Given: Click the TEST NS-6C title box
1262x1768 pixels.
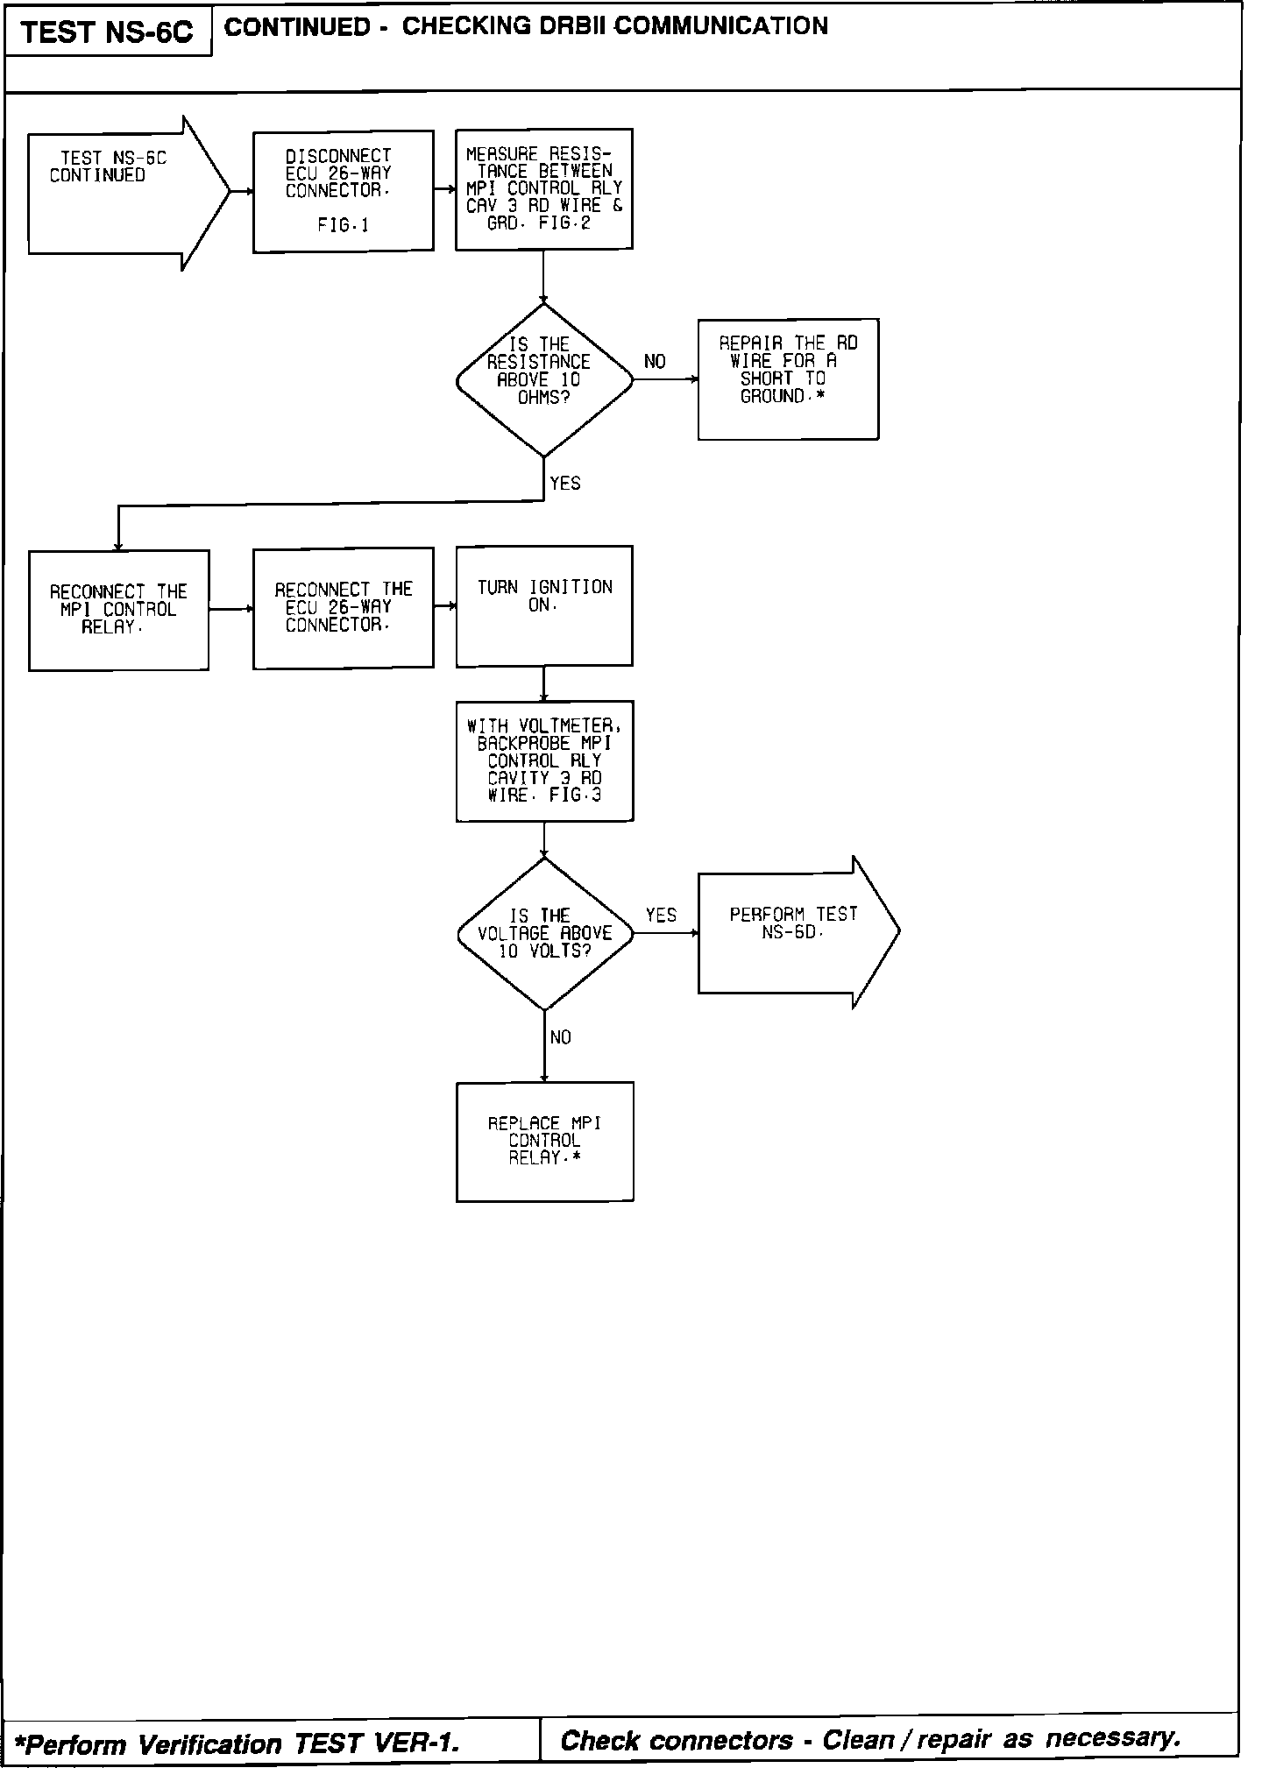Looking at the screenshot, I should click(107, 32).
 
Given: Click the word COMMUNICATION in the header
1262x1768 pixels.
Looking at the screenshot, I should click(720, 26).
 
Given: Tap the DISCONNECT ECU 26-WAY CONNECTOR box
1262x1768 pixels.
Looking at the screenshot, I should click(343, 191).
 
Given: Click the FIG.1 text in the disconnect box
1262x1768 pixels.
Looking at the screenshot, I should click(343, 226).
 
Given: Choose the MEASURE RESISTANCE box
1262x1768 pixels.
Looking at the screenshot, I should click(543, 189).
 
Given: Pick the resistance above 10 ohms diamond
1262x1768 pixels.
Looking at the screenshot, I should click(543, 380).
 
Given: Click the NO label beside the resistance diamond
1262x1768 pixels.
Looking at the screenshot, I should click(655, 362).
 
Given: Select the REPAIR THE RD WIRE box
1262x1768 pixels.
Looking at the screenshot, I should click(788, 378).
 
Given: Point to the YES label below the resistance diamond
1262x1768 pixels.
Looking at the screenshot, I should click(565, 484).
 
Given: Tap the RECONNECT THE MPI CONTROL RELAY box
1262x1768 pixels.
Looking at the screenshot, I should click(118, 610).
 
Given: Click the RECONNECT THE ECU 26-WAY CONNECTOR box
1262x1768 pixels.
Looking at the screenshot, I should click(343, 607).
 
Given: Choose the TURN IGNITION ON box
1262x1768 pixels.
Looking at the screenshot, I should click(543, 605).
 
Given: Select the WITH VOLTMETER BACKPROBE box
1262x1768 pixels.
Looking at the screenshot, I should click(544, 760).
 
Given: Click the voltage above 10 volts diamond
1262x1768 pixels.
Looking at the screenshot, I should click(544, 934).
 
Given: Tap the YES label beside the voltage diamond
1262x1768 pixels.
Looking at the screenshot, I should click(661, 916).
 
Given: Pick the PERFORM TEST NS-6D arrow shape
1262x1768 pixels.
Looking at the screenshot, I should click(793, 931).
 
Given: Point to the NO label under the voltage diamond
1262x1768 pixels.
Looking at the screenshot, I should click(561, 1038).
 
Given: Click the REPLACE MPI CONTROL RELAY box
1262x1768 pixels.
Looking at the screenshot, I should click(544, 1141).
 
